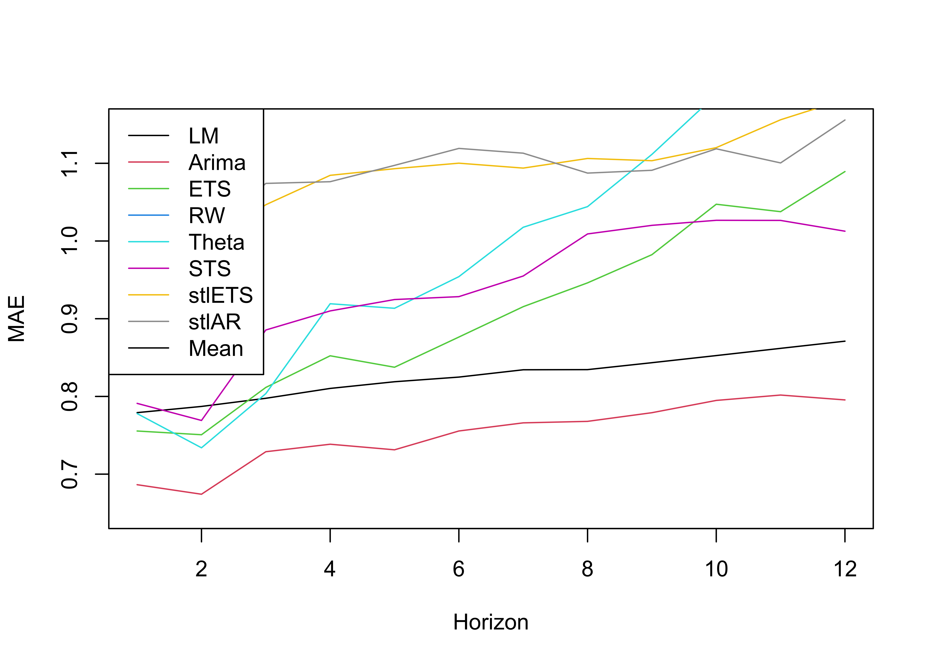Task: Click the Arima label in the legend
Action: [x=217, y=163]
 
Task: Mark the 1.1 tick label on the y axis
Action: [x=69, y=164]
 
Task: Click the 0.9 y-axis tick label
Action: [x=69, y=319]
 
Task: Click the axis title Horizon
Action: [x=491, y=622]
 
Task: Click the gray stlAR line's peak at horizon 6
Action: [x=459, y=148]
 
